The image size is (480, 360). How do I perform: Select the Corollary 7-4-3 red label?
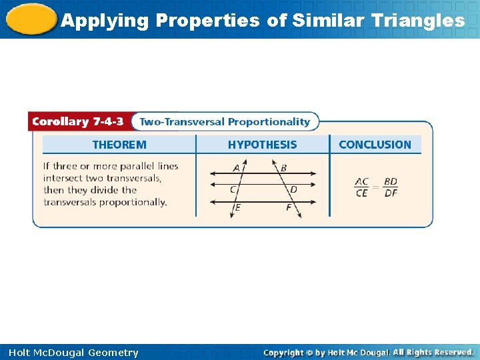(78, 122)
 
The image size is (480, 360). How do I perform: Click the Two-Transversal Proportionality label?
(225, 122)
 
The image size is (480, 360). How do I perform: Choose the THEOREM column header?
(119, 145)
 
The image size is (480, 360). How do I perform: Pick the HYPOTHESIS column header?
(263, 145)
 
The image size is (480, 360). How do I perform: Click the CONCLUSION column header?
(375, 145)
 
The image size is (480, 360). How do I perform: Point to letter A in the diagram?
(237, 168)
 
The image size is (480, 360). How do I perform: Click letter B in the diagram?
(283, 168)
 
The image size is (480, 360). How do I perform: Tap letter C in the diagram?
(233, 189)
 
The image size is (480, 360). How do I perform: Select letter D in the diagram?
(294, 189)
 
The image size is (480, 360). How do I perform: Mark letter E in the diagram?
(237, 207)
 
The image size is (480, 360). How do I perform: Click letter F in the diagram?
(289, 207)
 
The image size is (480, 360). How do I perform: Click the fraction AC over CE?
(362, 187)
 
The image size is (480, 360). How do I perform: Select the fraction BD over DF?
(391, 187)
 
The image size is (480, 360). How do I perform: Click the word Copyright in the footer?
(283, 353)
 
